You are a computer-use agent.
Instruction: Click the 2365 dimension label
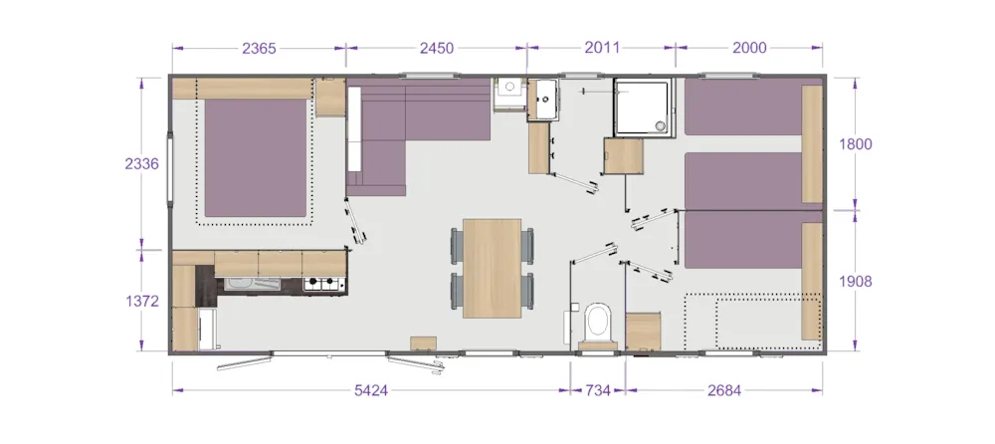259,48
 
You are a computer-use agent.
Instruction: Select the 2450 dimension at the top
437,48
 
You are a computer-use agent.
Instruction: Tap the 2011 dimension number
602,48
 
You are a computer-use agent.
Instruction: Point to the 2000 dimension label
749,48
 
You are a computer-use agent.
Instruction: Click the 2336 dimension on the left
141,164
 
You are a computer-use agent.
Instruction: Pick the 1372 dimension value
141,301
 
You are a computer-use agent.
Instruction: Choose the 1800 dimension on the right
856,144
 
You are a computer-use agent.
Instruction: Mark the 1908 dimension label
856,282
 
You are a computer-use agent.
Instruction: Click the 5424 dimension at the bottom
370,390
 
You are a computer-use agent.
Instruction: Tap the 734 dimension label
597,390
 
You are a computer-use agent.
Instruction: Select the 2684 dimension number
724,390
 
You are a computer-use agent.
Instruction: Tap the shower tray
642,107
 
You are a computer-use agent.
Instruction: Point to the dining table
492,268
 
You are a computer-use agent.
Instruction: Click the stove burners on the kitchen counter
323,284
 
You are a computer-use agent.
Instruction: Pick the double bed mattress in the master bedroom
256,157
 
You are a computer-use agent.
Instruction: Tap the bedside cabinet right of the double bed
330,98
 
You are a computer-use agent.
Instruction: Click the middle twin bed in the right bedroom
742,181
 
